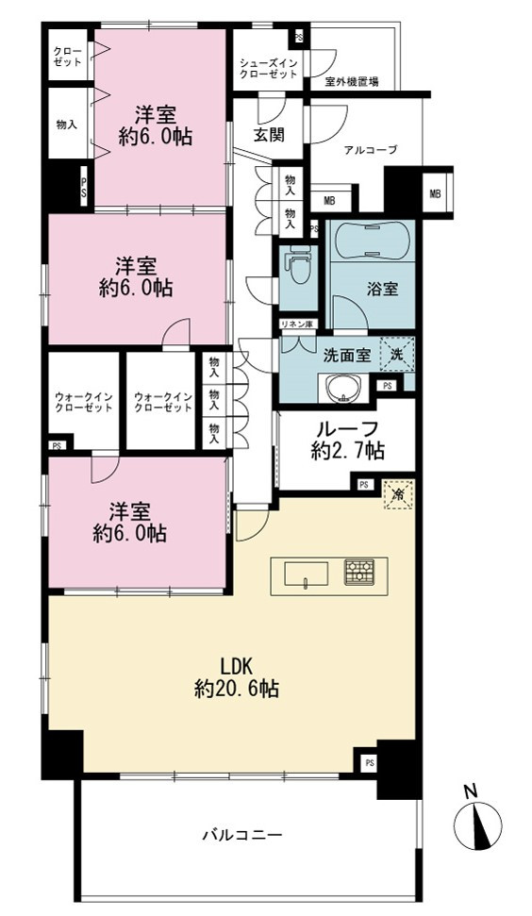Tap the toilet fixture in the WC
pyautogui.click(x=298, y=266)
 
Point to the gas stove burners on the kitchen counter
pyautogui.click(x=358, y=573)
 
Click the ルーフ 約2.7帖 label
pyautogui.click(x=347, y=441)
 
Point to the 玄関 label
pyautogui.click(x=269, y=135)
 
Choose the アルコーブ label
pyautogui.click(x=371, y=150)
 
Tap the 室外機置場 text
pyautogui.click(x=352, y=82)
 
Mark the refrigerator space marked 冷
pyautogui.click(x=398, y=494)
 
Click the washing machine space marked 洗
pyautogui.click(x=396, y=354)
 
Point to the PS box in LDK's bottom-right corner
pyautogui.click(x=369, y=762)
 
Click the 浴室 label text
pyautogui.click(x=383, y=289)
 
